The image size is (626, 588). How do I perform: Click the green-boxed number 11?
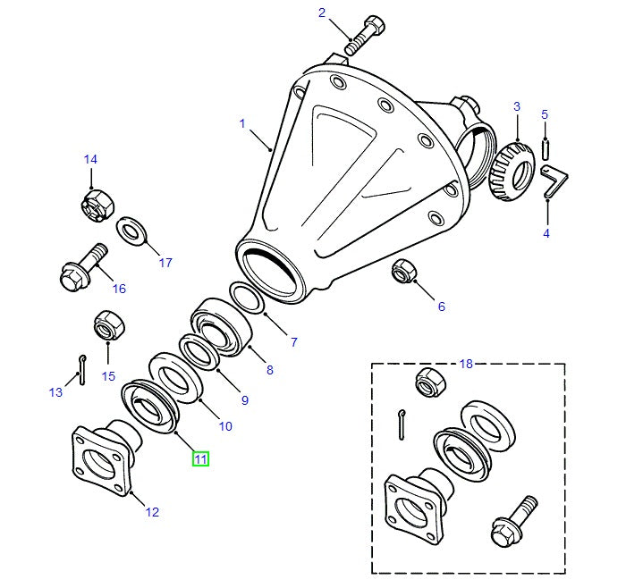coord(200,459)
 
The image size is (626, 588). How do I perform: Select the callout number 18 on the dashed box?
coord(466,364)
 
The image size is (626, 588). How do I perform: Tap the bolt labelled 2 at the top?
coord(365,35)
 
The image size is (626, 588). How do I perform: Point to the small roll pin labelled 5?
coord(546,148)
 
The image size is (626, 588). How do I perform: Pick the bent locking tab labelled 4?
coord(554,181)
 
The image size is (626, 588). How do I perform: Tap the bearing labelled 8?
coord(220,327)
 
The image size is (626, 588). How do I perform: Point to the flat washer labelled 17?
coord(131,231)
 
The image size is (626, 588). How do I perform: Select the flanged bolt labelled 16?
coord(83,267)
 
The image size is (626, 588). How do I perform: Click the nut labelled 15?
coord(109,324)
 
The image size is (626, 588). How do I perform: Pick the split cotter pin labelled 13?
coord(82,370)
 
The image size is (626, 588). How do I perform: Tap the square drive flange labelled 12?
coord(106,458)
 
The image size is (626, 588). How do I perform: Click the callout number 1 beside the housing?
coord(242,123)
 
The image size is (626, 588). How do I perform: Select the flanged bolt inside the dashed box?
coord(514,521)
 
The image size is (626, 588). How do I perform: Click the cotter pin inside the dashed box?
coord(402,424)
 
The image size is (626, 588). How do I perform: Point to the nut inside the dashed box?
coord(430,382)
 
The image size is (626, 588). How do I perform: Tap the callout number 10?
coord(225,426)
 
